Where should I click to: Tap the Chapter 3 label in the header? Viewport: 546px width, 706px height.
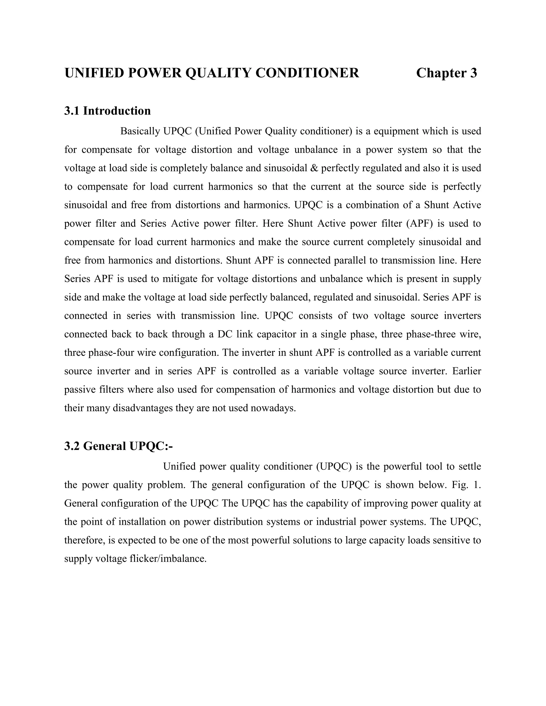446,73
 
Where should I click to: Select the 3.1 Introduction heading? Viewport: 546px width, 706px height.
107,111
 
